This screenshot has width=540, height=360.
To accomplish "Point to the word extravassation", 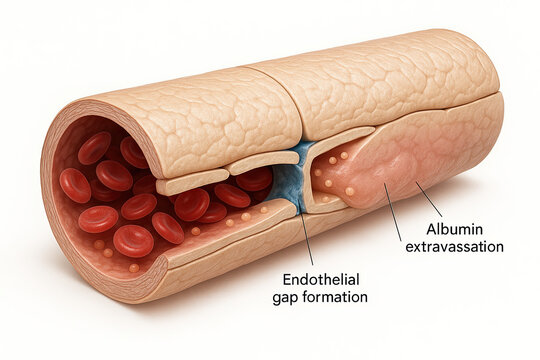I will (455, 246).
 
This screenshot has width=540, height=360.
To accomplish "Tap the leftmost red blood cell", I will (75, 184).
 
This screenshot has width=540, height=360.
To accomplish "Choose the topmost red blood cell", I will (95, 147).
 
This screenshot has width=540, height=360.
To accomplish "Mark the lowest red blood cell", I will (133, 240).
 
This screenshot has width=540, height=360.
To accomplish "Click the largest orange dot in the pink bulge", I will (350, 190).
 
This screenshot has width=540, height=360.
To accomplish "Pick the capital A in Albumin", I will (431, 229).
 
